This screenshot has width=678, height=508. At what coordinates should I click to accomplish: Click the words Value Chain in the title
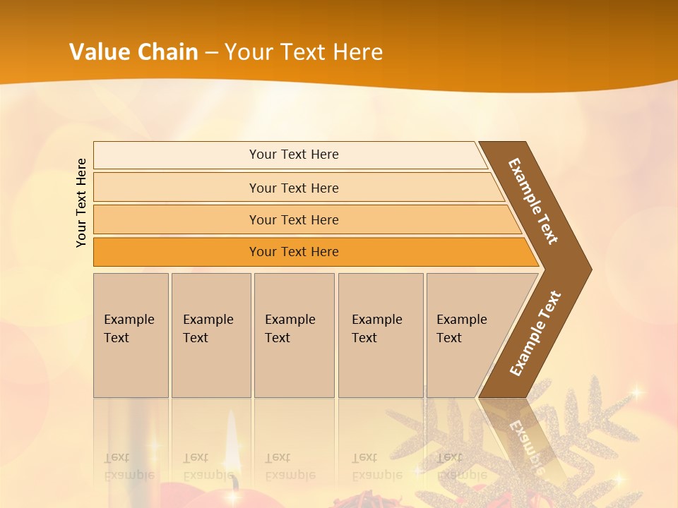[133, 52]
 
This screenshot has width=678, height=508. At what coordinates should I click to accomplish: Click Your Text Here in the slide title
[304, 52]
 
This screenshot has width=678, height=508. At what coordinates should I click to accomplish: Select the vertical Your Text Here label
[81, 203]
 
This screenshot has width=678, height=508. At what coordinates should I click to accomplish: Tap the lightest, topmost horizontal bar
[293, 155]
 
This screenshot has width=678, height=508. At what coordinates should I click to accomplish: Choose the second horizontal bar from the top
[293, 188]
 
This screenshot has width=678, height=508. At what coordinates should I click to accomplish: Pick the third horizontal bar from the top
[293, 220]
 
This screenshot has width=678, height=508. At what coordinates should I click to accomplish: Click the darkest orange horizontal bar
[293, 252]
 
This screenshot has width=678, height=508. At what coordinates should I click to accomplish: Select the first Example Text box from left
[131, 335]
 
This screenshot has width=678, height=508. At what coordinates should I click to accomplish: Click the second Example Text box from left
[210, 335]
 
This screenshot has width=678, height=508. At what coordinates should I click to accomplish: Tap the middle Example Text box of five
[294, 335]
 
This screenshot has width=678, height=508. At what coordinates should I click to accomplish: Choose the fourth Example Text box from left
[380, 335]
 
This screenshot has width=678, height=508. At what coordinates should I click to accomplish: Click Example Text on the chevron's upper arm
[533, 201]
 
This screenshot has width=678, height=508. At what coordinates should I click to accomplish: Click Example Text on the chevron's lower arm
[535, 334]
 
